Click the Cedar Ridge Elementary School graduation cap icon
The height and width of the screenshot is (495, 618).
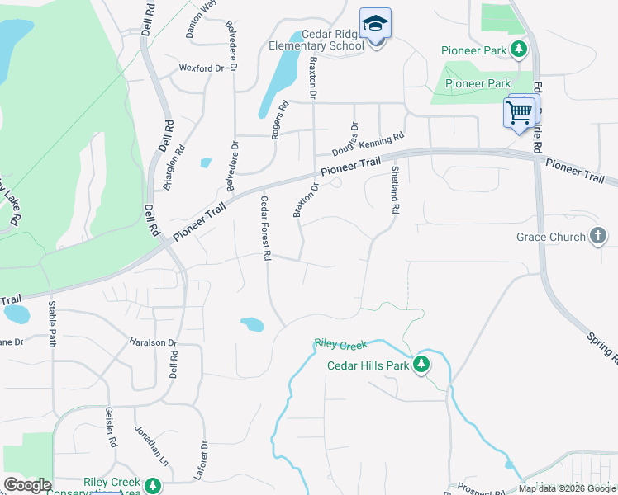coord(375,23)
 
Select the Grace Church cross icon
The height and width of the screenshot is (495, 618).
coord(598,237)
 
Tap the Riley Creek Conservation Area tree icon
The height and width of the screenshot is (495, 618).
coord(152,485)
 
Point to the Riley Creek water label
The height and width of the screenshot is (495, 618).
coord(340,343)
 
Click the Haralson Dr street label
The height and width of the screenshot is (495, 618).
coord(153,342)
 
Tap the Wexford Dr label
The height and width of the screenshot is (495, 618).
coord(202,68)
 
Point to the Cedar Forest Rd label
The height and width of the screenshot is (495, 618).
coord(266,229)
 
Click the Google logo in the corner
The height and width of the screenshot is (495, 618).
coord(27,485)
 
